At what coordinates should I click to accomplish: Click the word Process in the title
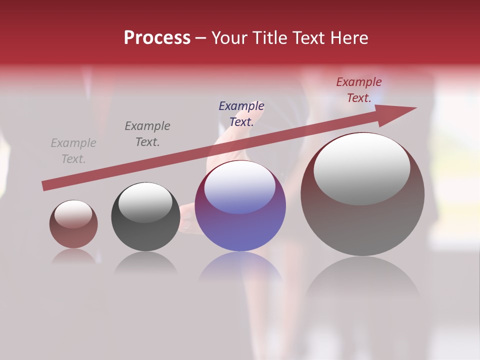coord(157,38)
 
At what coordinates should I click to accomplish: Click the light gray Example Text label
coord(73,151)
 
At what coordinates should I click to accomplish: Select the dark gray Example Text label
coord(147,134)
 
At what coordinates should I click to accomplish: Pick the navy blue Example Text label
coord(241,114)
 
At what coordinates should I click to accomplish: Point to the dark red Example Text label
coord(359,90)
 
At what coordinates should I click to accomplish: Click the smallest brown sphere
coord(73,235)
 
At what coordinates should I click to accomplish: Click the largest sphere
coord(362,225)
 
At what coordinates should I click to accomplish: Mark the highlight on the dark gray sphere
coord(145,202)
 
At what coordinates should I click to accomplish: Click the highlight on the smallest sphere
coord(73,214)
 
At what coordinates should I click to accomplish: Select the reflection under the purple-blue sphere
coord(240,267)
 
